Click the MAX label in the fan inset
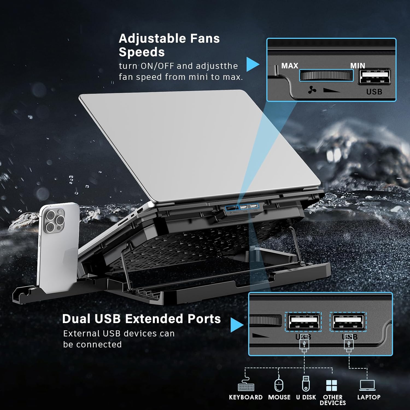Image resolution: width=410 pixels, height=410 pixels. click(289, 66)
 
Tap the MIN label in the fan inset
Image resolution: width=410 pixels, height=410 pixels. click(358, 66)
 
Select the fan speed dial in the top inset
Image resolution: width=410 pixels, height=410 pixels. click(326, 75)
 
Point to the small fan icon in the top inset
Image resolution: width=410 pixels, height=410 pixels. click(312, 90)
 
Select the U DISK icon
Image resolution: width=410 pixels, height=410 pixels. click(306, 383)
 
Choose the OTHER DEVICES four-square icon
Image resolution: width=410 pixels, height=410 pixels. click(332, 385)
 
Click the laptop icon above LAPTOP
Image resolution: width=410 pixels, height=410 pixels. click(367, 385)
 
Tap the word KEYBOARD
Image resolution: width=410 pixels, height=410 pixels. click(245, 397)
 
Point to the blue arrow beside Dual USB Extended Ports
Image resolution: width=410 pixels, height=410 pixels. click(236, 325)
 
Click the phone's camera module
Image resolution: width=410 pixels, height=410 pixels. click(54, 221)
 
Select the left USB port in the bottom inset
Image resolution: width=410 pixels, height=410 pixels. click(303, 321)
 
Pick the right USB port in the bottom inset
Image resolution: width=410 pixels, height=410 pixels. click(348, 321)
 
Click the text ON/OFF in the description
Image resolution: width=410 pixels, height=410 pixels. click(157, 66)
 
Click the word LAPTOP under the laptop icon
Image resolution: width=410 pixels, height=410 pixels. click(369, 397)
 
